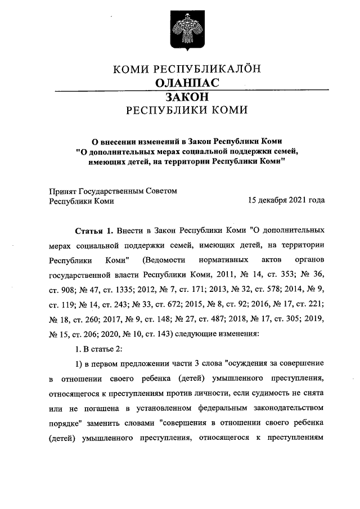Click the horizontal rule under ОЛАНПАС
tap(180, 90)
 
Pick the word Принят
tap(63, 191)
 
